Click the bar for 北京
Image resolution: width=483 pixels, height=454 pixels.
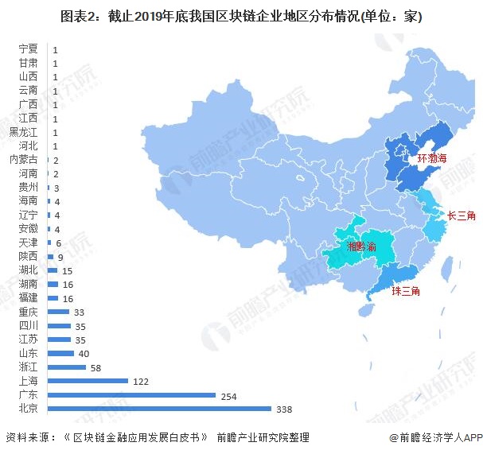click(159, 409)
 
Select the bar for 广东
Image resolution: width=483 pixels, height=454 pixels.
click(132, 394)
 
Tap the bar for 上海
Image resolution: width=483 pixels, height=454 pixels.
click(88, 381)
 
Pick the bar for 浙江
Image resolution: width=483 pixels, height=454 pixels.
click(67, 367)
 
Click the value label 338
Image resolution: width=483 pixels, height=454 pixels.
click(284, 409)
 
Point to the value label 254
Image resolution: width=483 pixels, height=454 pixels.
click(228, 395)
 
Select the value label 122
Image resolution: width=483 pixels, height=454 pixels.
click(141, 381)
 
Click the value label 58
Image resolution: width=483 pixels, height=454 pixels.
click(96, 367)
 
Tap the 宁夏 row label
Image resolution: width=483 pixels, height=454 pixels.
click(28, 49)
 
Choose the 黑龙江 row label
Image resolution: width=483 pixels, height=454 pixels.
click(23, 132)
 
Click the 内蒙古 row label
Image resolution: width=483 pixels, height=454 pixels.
click(23, 160)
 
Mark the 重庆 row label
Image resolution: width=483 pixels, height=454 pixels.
click(28, 312)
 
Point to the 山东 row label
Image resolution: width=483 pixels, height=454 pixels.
click(28, 353)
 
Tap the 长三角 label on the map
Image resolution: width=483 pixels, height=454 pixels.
click(462, 215)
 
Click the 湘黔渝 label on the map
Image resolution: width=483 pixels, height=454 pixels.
click(360, 247)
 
